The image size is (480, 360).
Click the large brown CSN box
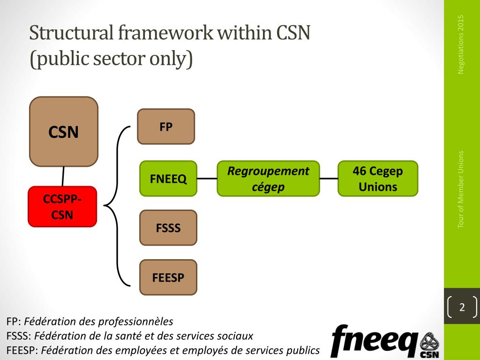64,132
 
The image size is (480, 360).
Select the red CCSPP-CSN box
62,207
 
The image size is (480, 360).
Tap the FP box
166,127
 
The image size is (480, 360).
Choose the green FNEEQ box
168,179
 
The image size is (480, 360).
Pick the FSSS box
168,228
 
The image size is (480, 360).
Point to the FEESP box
168,277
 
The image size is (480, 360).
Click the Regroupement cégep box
268,179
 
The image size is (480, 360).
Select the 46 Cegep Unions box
378,179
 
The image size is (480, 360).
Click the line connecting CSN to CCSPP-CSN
63,176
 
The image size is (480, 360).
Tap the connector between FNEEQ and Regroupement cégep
207,179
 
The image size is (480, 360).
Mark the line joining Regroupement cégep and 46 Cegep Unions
329,179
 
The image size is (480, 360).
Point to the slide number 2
462,307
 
